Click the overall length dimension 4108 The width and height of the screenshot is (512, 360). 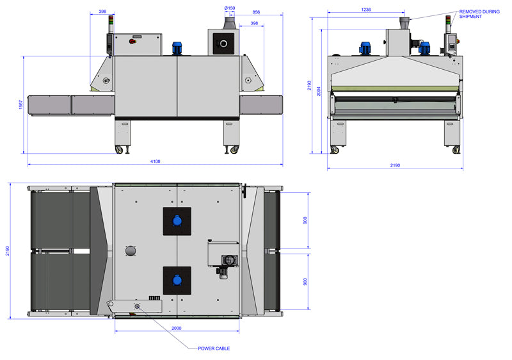(154, 162)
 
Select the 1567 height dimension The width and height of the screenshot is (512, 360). (20, 105)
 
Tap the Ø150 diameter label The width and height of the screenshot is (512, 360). (230, 8)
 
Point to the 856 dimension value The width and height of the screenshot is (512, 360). (256, 12)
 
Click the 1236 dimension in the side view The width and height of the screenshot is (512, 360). (366, 10)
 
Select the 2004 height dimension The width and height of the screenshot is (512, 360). (319, 91)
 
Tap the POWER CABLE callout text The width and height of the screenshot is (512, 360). (214, 348)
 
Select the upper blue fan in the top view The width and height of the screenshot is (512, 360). (177, 221)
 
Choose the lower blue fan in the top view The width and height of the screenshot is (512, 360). (177, 280)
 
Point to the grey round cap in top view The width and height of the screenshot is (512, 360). (131, 251)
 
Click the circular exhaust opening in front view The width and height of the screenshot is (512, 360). (223, 44)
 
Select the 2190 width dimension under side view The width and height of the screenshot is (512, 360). (394, 165)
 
